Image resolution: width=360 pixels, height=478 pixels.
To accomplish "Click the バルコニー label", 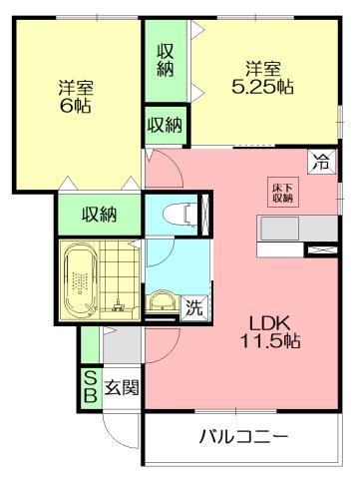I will point(243,436).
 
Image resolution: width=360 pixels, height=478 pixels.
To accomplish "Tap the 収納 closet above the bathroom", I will point(99,214).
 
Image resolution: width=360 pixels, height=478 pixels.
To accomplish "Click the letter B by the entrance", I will point(89,396).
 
